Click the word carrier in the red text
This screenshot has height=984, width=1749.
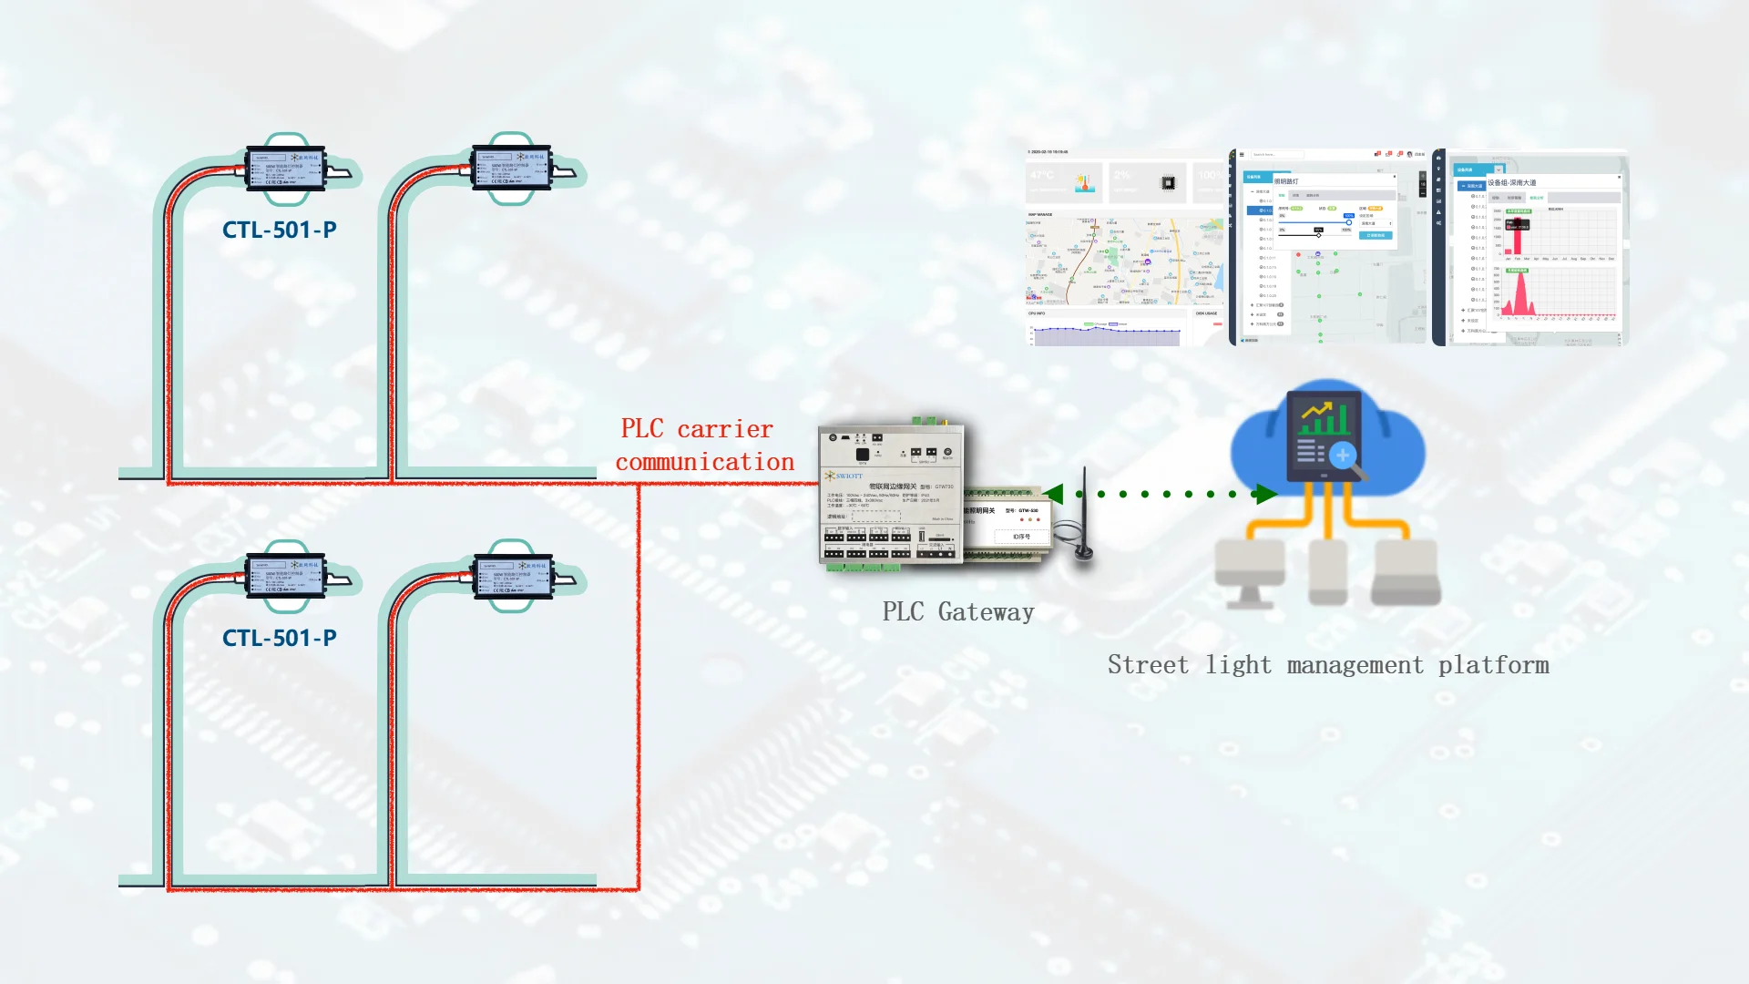pyautogui.click(x=725, y=429)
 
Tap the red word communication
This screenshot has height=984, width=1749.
pyautogui.click(x=705, y=462)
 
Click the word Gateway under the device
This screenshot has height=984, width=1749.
pyautogui.click(x=986, y=612)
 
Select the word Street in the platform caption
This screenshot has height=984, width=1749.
pyautogui.click(x=1148, y=665)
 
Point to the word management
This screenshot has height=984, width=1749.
pyautogui.click(x=1355, y=665)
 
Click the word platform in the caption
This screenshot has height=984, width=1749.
pyautogui.click(x=1493, y=665)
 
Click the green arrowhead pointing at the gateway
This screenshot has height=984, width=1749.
pyautogui.click(x=1054, y=494)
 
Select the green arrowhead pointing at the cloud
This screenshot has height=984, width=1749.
pyautogui.click(x=1265, y=495)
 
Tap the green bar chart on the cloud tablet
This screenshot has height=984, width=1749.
pyautogui.click(x=1325, y=419)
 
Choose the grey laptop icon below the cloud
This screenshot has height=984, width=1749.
pyautogui.click(x=1406, y=572)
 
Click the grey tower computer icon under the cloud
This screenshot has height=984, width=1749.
pyautogui.click(x=1327, y=572)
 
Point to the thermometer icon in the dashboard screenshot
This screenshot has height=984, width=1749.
pyautogui.click(x=1084, y=182)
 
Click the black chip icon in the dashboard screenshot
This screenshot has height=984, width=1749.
pyautogui.click(x=1168, y=183)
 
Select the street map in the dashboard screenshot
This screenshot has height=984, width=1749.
pyautogui.click(x=1124, y=261)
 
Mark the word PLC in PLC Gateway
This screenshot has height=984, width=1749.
pyautogui.click(x=903, y=612)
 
